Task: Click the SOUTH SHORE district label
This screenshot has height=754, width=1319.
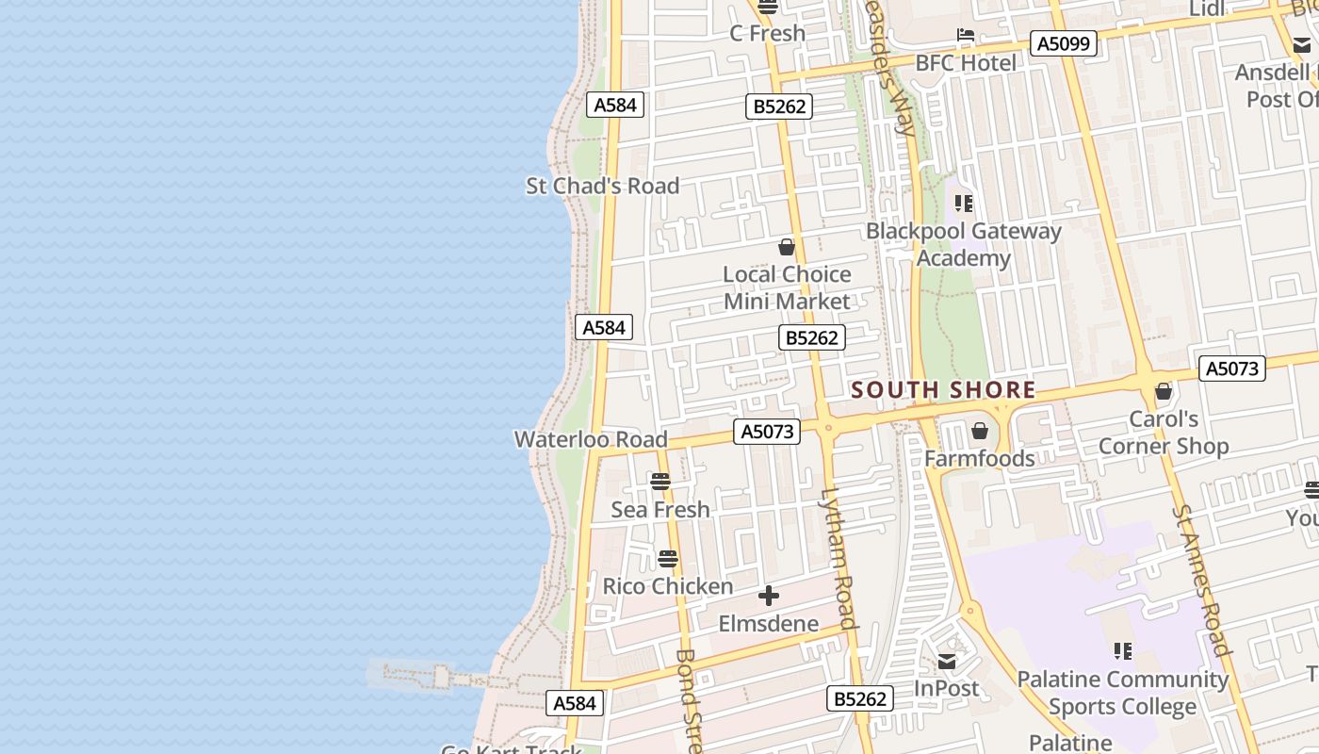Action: tap(943, 390)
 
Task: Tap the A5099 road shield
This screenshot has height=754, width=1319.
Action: tap(1063, 43)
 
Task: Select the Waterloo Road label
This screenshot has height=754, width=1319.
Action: tap(591, 439)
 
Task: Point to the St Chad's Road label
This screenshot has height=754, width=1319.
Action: tap(602, 186)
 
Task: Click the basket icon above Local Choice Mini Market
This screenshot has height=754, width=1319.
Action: tap(787, 247)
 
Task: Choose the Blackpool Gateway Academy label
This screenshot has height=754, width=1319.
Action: tap(963, 244)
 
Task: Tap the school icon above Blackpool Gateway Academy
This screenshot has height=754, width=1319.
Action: tap(963, 203)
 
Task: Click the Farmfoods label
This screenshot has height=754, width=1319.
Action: tap(979, 459)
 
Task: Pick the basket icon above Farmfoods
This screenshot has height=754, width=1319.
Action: tap(980, 431)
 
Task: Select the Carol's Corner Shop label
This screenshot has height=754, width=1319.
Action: tap(1164, 433)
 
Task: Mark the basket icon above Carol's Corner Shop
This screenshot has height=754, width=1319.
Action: tap(1164, 391)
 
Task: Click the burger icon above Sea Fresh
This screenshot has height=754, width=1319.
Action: tap(660, 482)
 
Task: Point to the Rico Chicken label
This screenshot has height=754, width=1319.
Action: tap(667, 586)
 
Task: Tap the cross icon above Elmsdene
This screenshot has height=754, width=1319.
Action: tap(769, 596)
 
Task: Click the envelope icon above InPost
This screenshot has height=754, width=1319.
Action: tap(947, 662)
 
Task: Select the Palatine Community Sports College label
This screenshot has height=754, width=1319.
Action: tap(1122, 693)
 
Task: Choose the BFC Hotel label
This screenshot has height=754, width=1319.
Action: tap(966, 63)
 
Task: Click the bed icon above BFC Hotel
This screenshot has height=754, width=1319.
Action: tap(966, 35)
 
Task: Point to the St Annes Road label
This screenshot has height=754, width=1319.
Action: tap(1201, 580)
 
